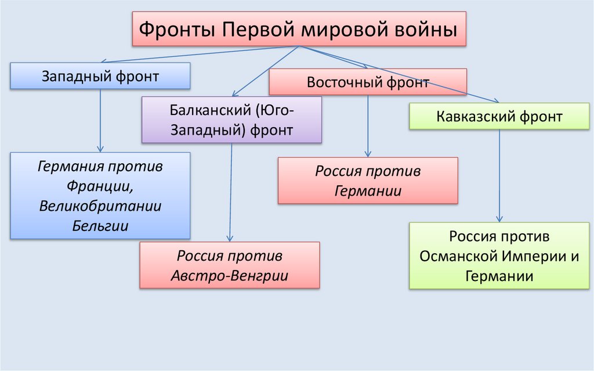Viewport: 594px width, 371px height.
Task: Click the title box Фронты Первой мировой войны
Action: point(299,29)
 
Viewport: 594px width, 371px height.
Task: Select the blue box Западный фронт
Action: point(100,76)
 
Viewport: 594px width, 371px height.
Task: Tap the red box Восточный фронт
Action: point(367,82)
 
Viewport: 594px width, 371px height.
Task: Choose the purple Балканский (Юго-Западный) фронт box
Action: point(231,120)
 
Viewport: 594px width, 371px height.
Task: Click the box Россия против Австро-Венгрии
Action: point(230,265)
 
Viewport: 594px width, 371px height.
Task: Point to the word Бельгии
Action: point(100,225)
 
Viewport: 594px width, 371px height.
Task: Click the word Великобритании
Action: point(100,206)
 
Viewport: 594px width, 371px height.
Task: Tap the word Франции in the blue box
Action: point(100,186)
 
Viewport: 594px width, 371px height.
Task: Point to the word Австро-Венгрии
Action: point(230,276)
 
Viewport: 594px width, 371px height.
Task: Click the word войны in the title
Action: point(428,29)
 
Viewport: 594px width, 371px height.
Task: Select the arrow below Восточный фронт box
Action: point(368,125)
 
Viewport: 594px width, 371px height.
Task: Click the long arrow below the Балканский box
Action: point(231,192)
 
